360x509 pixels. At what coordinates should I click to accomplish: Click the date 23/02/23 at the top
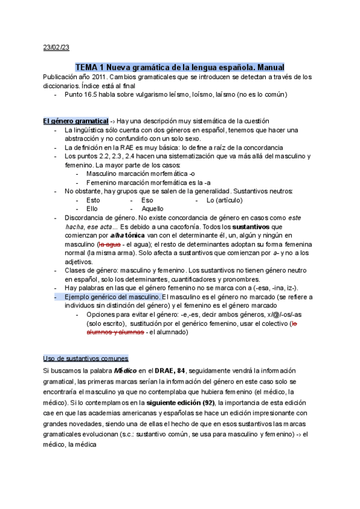(x=56, y=47)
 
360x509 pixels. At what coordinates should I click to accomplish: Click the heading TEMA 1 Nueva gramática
(x=179, y=67)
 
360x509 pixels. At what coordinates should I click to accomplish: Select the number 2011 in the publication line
(x=102, y=77)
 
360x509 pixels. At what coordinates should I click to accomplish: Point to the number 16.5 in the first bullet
(x=95, y=95)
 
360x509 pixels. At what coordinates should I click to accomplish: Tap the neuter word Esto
(x=93, y=200)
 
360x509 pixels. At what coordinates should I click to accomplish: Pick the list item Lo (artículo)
(x=224, y=200)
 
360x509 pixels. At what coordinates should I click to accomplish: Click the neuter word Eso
(x=147, y=200)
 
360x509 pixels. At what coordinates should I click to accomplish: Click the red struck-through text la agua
(x=109, y=245)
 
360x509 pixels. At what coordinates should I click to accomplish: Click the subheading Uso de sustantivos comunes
(x=85, y=358)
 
